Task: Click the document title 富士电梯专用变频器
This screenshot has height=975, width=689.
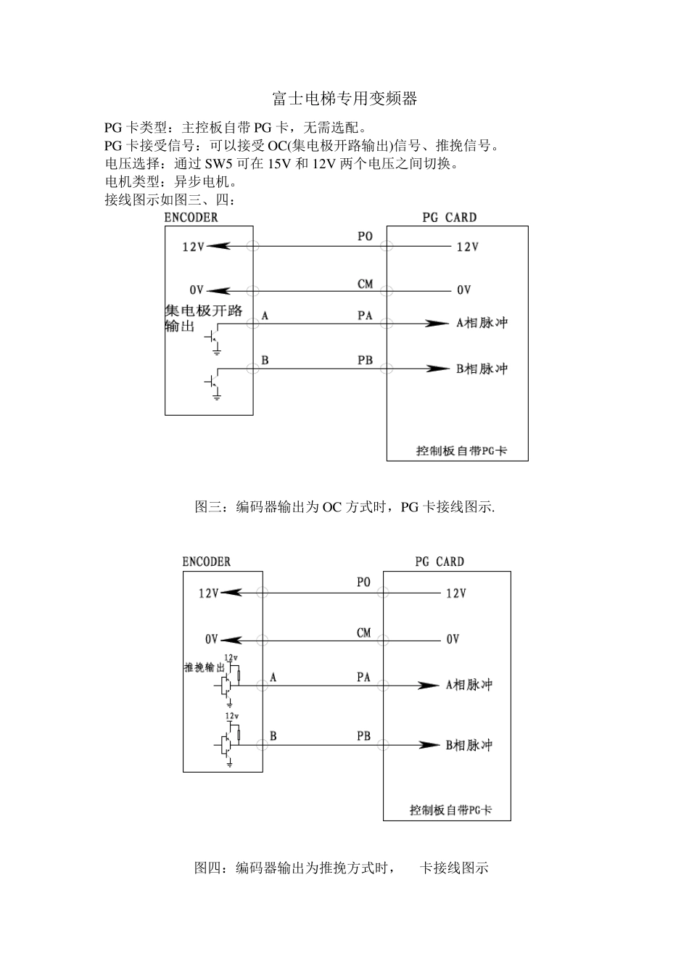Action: [344, 99]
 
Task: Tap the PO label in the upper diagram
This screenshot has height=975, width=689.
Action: [365, 236]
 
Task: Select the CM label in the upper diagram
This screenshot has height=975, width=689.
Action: [365, 284]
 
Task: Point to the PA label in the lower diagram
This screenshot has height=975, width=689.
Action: [363, 677]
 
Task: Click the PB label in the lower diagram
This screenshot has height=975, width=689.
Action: [363, 736]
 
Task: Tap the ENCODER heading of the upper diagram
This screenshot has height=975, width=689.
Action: [191, 217]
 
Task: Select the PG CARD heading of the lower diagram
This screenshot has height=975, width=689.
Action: [440, 561]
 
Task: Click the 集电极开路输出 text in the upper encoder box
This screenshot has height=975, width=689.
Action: [204, 318]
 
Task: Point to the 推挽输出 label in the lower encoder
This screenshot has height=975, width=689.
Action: [204, 667]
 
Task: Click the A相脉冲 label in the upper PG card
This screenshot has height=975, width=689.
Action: [482, 323]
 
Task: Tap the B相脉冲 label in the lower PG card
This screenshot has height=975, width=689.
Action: [469, 745]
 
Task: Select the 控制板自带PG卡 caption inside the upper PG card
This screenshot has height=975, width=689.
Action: [461, 451]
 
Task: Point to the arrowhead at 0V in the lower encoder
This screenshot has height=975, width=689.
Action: [229, 639]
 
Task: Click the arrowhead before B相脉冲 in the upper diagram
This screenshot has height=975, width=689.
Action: [438, 369]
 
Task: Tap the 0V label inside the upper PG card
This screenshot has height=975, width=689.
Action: [464, 290]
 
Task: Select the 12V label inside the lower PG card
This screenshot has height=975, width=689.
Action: [456, 593]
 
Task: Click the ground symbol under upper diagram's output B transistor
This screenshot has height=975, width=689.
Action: [216, 396]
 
